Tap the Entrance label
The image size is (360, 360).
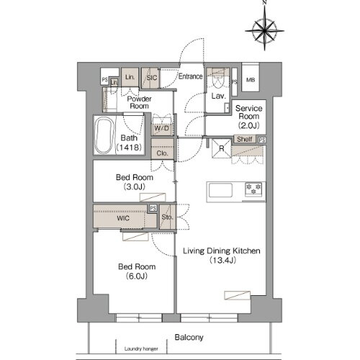pos(191,76)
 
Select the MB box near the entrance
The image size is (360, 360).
pos(251,79)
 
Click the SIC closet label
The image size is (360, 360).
pos(152,77)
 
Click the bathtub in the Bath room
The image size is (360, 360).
pos(104,135)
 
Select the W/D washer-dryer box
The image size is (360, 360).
pos(161,130)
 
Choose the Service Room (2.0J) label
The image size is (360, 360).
pos(250,116)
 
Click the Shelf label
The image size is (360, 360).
pos(245,139)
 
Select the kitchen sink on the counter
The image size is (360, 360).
pos(220,191)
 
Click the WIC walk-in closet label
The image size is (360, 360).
pos(120,217)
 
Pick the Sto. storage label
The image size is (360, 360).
pos(166,217)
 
